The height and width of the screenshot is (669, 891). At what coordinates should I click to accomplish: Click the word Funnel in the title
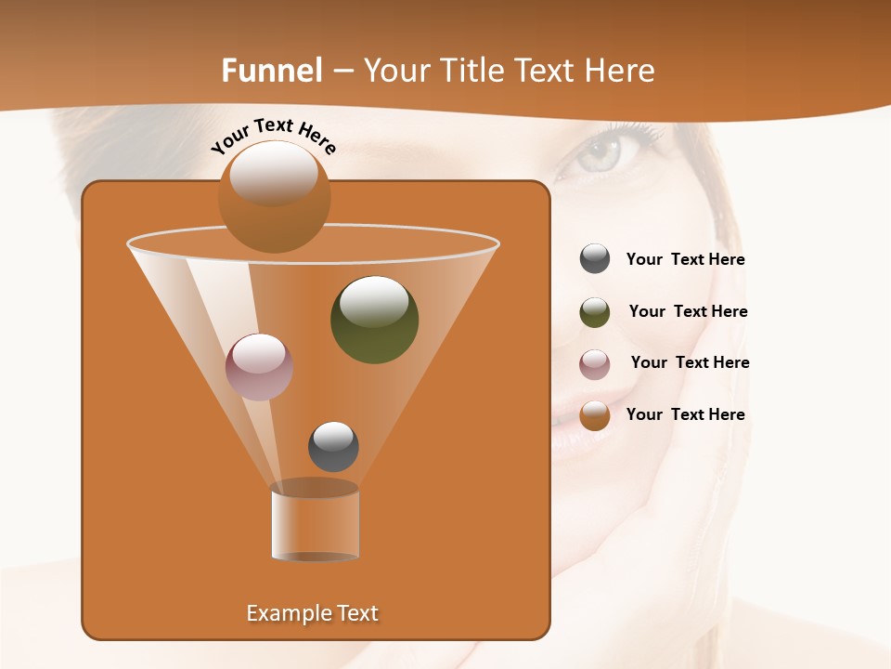[x=271, y=71]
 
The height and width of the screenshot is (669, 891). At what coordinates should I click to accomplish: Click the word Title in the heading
[x=470, y=71]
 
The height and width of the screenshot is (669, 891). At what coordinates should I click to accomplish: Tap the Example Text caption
[x=312, y=613]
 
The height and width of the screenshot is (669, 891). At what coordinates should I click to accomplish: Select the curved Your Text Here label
[x=274, y=136]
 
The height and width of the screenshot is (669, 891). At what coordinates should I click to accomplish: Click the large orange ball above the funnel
[x=274, y=196]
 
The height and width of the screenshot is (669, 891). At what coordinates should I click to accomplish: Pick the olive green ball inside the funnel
[x=375, y=319]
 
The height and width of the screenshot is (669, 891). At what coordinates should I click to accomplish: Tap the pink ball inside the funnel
[x=260, y=366]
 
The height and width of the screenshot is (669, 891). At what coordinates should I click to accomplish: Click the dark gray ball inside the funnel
[x=333, y=446]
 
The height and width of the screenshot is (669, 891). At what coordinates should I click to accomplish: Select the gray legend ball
[x=595, y=259]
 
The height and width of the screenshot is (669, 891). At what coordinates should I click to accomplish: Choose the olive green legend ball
[x=595, y=312]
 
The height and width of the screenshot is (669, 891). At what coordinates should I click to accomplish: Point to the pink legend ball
[x=595, y=363]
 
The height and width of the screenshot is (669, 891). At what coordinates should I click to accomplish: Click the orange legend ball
[x=595, y=415]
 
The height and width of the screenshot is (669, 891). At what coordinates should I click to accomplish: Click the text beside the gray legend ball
[x=685, y=260]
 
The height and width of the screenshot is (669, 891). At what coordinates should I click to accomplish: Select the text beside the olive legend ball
[x=688, y=312]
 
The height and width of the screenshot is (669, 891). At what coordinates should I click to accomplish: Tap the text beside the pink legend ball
[x=690, y=363]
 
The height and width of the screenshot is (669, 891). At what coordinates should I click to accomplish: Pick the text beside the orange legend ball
[x=685, y=414]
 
